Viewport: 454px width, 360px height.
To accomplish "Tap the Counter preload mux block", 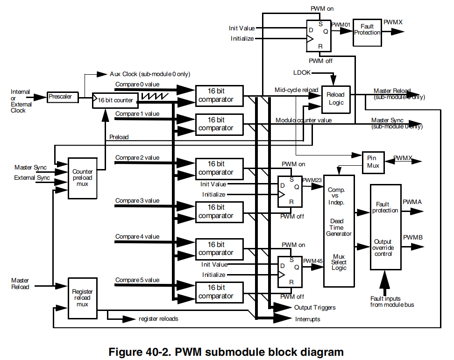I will (83, 178).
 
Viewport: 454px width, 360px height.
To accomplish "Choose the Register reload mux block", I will (83, 298).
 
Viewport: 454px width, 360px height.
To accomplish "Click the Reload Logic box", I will (335, 99).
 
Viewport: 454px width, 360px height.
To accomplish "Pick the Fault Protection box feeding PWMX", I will (367, 32).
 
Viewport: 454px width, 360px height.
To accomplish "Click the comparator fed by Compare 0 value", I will (220, 95).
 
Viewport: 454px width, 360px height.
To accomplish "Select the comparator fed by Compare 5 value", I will (220, 292).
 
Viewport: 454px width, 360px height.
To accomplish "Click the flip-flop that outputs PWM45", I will (290, 272).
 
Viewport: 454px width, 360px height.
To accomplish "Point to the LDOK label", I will (301, 73).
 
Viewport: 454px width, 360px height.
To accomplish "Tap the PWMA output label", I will (412, 202).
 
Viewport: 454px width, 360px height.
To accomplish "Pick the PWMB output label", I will (412, 238).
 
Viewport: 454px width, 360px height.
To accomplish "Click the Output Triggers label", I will (314, 308).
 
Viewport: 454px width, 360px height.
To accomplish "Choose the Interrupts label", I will (307, 319).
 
